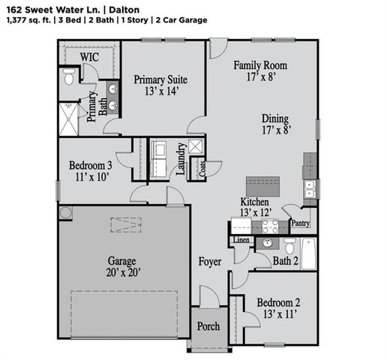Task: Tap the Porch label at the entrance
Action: click(208, 327)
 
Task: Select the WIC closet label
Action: click(90, 56)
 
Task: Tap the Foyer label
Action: click(209, 262)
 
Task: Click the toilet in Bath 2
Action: click(289, 246)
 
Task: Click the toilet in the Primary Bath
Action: click(68, 76)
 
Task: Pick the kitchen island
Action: click(263, 185)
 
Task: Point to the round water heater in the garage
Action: click(65, 212)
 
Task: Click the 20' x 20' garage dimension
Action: click(120, 274)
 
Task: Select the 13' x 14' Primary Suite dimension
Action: click(160, 91)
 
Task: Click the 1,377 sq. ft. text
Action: click(23, 19)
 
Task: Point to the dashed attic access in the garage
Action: click(124, 224)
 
